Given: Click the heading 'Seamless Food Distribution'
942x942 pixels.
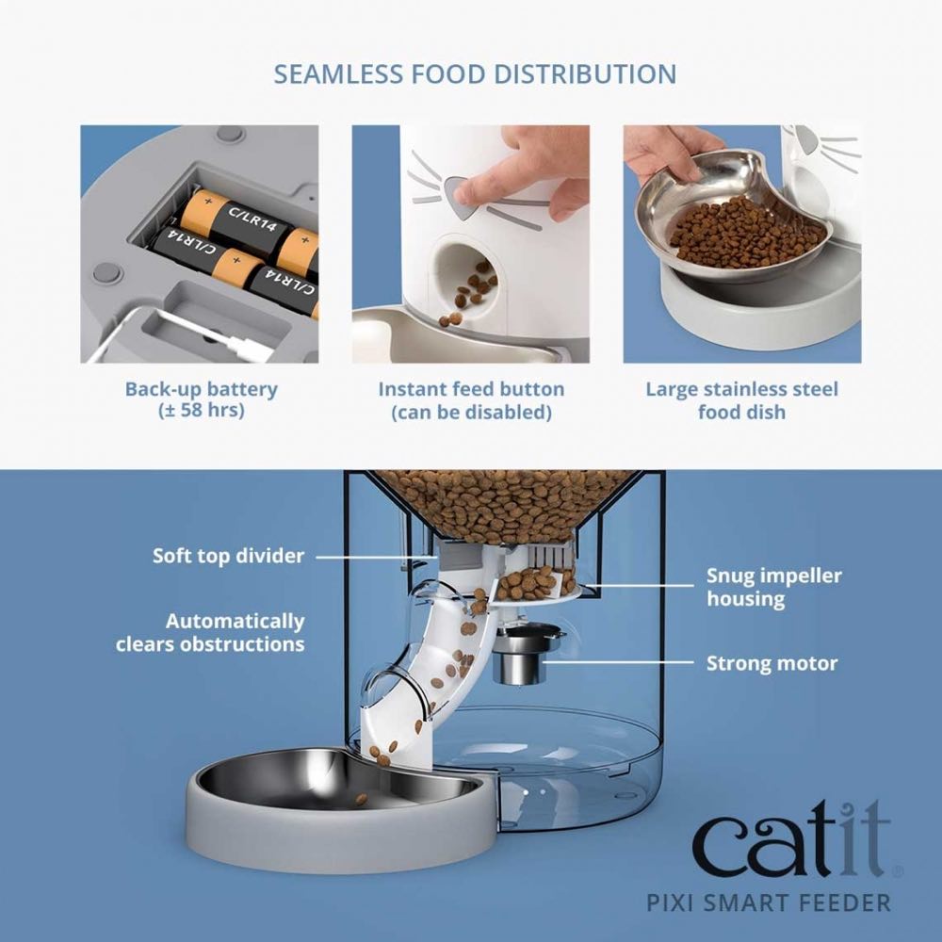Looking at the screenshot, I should click(x=475, y=74).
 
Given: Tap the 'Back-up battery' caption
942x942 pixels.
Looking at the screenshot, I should click(x=201, y=389).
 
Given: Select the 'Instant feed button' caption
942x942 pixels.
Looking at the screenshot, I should click(x=471, y=389).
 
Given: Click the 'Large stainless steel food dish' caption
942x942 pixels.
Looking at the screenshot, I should click(x=741, y=400).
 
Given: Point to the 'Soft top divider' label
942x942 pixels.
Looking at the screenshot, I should click(x=228, y=556).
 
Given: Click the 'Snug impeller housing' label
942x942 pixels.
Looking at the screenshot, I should click(x=774, y=587).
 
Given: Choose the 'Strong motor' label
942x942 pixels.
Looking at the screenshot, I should click(x=771, y=663).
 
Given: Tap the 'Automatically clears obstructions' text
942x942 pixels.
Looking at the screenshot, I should click(x=210, y=633).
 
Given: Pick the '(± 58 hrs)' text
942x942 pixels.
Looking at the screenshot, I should click(x=201, y=413).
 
